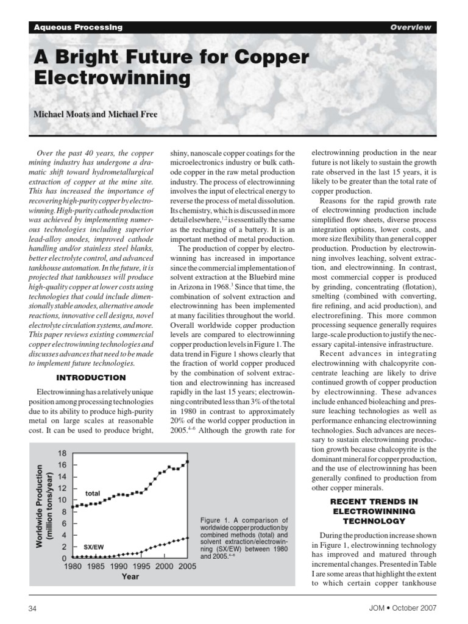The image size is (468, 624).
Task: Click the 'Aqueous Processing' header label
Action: [78, 27]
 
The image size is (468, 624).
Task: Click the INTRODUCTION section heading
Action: [91, 377]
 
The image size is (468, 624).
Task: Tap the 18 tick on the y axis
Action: [62, 453]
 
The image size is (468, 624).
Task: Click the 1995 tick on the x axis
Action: [140, 566]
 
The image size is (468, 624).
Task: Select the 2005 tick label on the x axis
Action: [187, 566]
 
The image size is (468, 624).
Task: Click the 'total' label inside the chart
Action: [92, 492]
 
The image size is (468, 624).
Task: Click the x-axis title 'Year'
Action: [130, 576]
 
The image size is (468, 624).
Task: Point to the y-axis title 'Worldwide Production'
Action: [39, 506]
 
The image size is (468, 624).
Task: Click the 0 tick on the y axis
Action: [63, 558]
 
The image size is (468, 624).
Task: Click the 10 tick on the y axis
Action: [62, 500]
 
